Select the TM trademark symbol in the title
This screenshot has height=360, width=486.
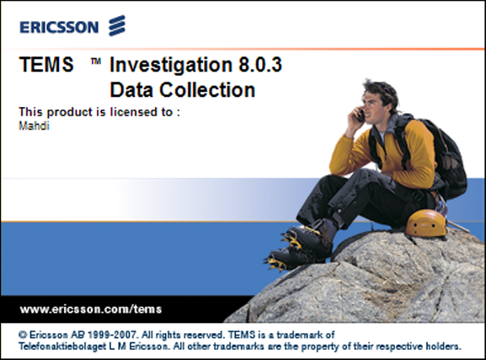96,62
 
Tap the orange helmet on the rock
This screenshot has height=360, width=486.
425,223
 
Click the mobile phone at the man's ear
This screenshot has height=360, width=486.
359,116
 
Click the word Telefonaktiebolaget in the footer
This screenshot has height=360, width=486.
58,347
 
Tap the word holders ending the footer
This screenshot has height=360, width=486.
442,347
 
